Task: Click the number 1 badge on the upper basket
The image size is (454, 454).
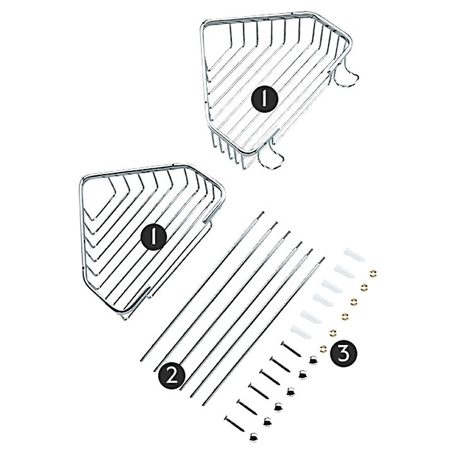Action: [264, 99]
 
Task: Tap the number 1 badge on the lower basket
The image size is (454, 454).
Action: [154, 236]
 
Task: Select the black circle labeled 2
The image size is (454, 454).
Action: [172, 376]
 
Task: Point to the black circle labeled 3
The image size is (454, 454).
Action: [344, 354]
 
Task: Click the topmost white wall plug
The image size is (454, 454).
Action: [354, 255]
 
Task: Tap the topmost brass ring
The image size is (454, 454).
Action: [373, 273]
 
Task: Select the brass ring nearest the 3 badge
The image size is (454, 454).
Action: [323, 348]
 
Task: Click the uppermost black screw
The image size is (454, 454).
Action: [291, 349]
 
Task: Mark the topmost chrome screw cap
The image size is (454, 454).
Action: [312, 360]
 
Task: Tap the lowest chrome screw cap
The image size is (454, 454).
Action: [253, 436]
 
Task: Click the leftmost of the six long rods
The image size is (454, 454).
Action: [202, 286]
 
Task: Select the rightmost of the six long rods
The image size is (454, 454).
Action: [263, 331]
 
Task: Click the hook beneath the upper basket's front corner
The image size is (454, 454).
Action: [271, 156]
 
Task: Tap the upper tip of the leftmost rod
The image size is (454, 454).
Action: [263, 212]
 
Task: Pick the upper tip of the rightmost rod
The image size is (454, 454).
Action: [324, 258]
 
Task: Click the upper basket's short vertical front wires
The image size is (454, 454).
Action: [229, 151]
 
